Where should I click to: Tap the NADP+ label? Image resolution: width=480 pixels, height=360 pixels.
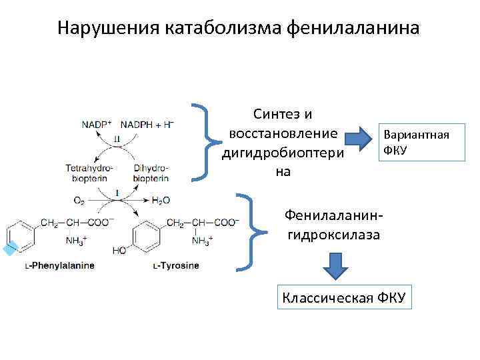tap(97, 124)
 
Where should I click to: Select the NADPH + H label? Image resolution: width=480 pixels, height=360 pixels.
tap(146, 124)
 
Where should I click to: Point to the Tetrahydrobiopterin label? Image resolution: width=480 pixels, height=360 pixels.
tap(90, 173)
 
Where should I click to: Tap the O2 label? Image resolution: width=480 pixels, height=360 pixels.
tap(79, 199)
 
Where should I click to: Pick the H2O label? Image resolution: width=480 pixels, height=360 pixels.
tap(161, 199)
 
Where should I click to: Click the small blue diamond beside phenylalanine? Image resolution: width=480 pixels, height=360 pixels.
tap(9, 249)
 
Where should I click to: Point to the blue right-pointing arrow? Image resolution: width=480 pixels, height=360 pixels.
tap(363, 138)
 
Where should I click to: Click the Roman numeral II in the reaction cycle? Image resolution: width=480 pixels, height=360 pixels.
tap(117, 139)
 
